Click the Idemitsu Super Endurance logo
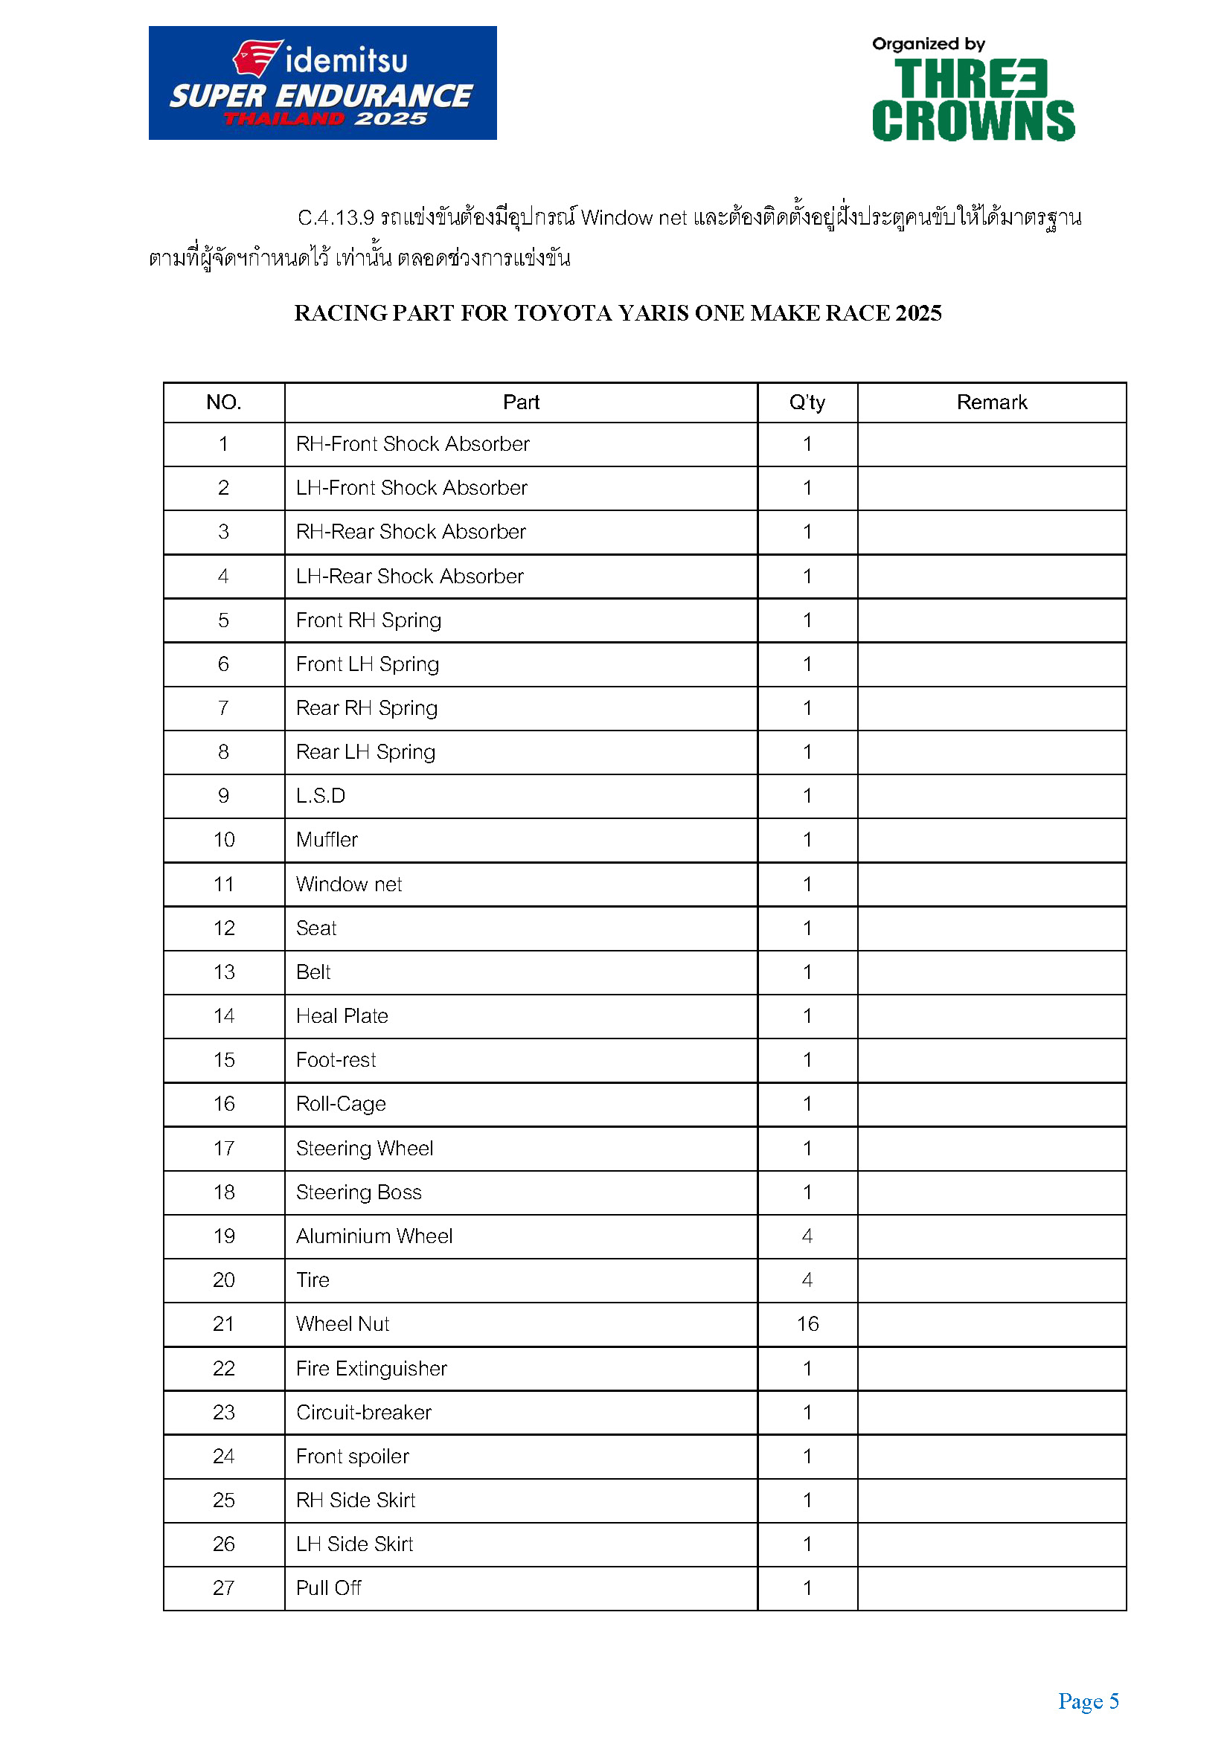[322, 83]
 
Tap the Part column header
[521, 402]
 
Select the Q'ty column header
[807, 402]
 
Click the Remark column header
[991, 402]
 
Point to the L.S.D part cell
[321, 796]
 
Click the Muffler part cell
[327, 840]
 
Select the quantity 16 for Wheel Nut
[807, 1324]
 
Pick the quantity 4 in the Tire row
[807, 1280]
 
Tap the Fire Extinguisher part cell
[371, 1369]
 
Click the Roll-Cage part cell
[341, 1104]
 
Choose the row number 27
[223, 1587]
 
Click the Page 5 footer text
[1089, 1701]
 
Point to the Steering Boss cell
[359, 1192]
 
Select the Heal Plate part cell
[342, 1016]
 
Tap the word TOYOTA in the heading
[563, 313]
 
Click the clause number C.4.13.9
[336, 218]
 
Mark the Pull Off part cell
[328, 1587]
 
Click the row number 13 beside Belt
[223, 972]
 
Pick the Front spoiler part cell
[353, 1457]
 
